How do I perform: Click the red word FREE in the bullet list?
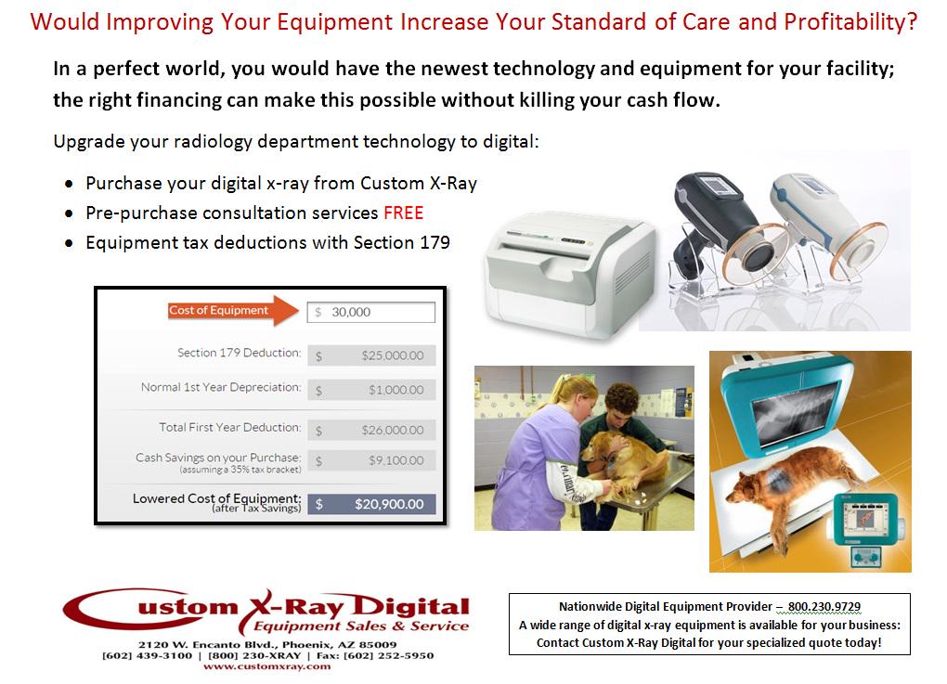click(x=403, y=213)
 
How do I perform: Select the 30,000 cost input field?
click(x=371, y=312)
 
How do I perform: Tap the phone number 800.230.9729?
click(x=824, y=606)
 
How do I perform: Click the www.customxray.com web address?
click(x=266, y=666)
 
